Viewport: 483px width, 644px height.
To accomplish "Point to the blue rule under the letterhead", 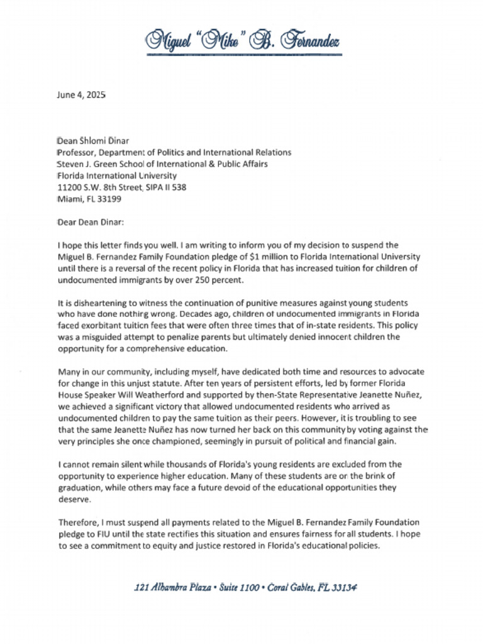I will [x=241, y=55].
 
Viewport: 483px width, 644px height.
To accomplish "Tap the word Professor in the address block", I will [x=76, y=152].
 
